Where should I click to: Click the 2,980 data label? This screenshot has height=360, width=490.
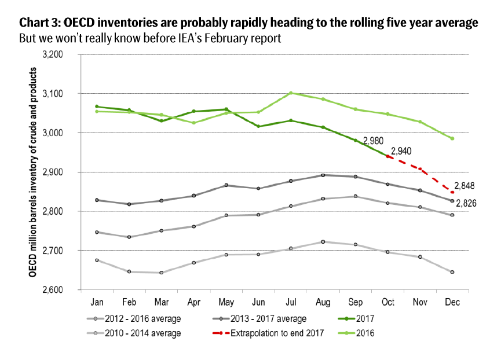[372, 141]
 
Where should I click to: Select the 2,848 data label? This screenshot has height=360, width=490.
[465, 187]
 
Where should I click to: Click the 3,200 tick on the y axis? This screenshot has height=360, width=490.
[58, 54]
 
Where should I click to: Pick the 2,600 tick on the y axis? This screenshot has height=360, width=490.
[58, 289]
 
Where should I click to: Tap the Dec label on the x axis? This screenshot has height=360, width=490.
[452, 303]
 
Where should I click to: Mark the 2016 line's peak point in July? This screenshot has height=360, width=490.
[291, 93]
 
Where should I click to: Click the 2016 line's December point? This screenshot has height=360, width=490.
[452, 138]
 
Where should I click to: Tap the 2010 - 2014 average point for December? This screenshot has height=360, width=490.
[452, 272]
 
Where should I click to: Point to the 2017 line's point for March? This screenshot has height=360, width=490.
[162, 121]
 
